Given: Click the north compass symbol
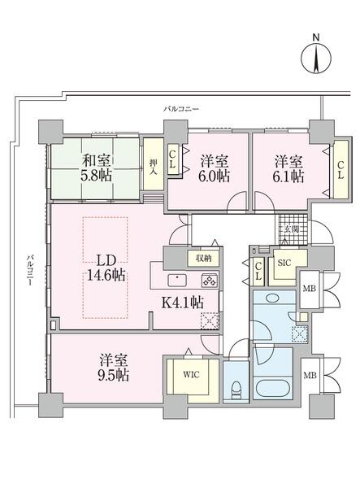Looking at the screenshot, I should pyautogui.click(x=316, y=57).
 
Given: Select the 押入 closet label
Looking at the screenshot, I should pyautogui.click(x=153, y=172).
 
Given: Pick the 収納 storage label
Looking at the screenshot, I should pyautogui.click(x=202, y=258).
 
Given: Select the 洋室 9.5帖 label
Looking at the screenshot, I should pyautogui.click(x=113, y=368).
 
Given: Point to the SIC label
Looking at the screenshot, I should pyautogui.click(x=284, y=263).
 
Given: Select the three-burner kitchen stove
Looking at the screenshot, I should pyautogui.click(x=209, y=281).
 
